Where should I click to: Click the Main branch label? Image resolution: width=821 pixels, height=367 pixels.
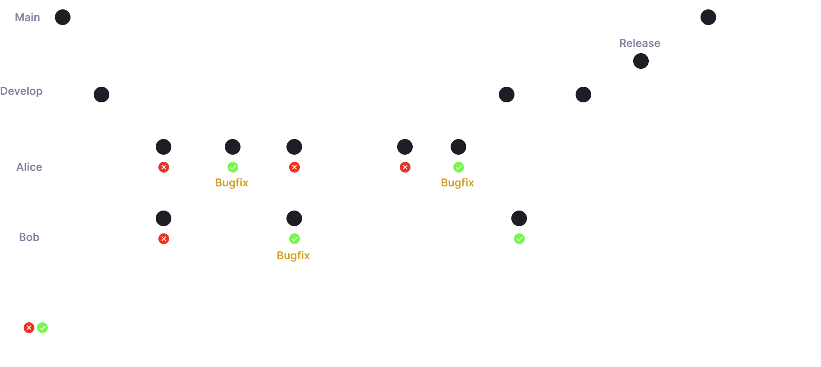pos(27,17)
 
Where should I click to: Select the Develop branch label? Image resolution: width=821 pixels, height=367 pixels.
pos(21,91)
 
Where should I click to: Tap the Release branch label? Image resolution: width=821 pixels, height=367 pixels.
pos(639,43)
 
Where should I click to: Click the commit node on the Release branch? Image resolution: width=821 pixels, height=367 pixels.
pos(641,61)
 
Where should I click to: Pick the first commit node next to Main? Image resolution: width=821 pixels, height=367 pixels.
pos(63,17)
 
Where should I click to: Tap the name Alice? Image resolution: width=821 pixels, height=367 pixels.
pos(29,167)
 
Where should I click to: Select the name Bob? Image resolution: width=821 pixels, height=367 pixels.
pos(29,237)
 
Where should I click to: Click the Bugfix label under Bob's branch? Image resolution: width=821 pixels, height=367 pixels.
pos(293,256)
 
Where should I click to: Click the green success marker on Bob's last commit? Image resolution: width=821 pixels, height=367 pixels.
pos(519,239)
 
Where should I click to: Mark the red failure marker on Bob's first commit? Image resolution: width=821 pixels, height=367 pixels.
pos(164,239)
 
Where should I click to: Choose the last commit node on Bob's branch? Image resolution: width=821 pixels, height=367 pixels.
pos(519,219)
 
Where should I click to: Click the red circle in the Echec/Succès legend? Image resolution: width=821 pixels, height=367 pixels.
pos(29,328)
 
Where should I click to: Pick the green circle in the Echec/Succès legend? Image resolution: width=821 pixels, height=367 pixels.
pos(42,328)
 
